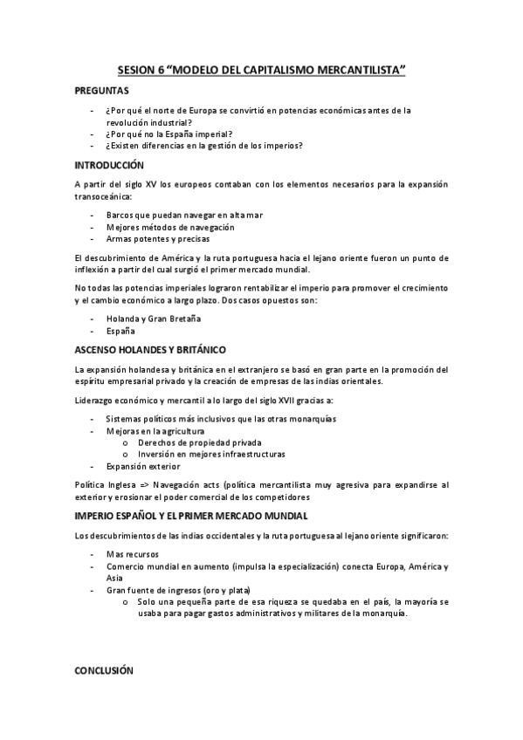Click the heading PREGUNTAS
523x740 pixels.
click(102, 91)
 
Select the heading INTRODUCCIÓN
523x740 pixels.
click(109, 165)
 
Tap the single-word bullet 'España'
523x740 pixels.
click(120, 332)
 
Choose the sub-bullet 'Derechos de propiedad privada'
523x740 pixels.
click(200, 442)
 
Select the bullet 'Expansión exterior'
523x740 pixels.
click(143, 466)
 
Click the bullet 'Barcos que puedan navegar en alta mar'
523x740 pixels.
click(184, 214)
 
